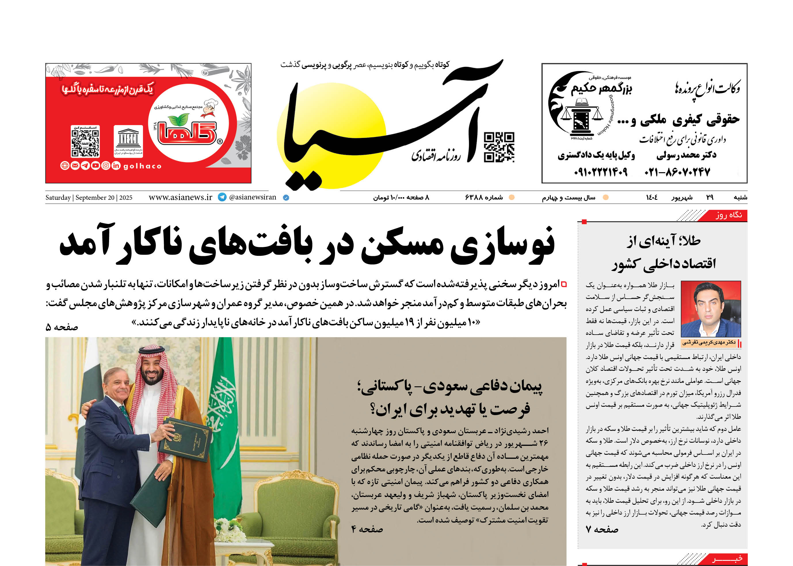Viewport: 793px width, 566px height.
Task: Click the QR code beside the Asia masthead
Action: pyautogui.click(x=499, y=147)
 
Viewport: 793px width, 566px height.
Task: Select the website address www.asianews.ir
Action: pyautogui.click(x=180, y=197)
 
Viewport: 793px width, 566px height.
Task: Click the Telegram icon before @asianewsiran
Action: pyautogui.click(x=222, y=197)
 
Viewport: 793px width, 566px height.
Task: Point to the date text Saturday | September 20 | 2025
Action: pyautogui.click(x=89, y=197)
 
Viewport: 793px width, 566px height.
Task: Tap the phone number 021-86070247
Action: pyautogui.click(x=677, y=172)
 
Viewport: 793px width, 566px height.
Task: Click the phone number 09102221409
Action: pyautogui.click(x=601, y=172)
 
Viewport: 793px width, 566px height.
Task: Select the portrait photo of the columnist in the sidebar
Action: pyautogui.click(x=711, y=309)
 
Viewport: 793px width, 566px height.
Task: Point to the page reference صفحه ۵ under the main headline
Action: pyautogui.click(x=62, y=327)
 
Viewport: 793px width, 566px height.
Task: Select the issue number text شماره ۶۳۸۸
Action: pyautogui.click(x=484, y=197)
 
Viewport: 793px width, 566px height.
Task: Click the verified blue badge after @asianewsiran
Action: pyautogui.click(x=286, y=197)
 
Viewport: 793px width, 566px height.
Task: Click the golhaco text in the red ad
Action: pyautogui.click(x=142, y=166)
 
